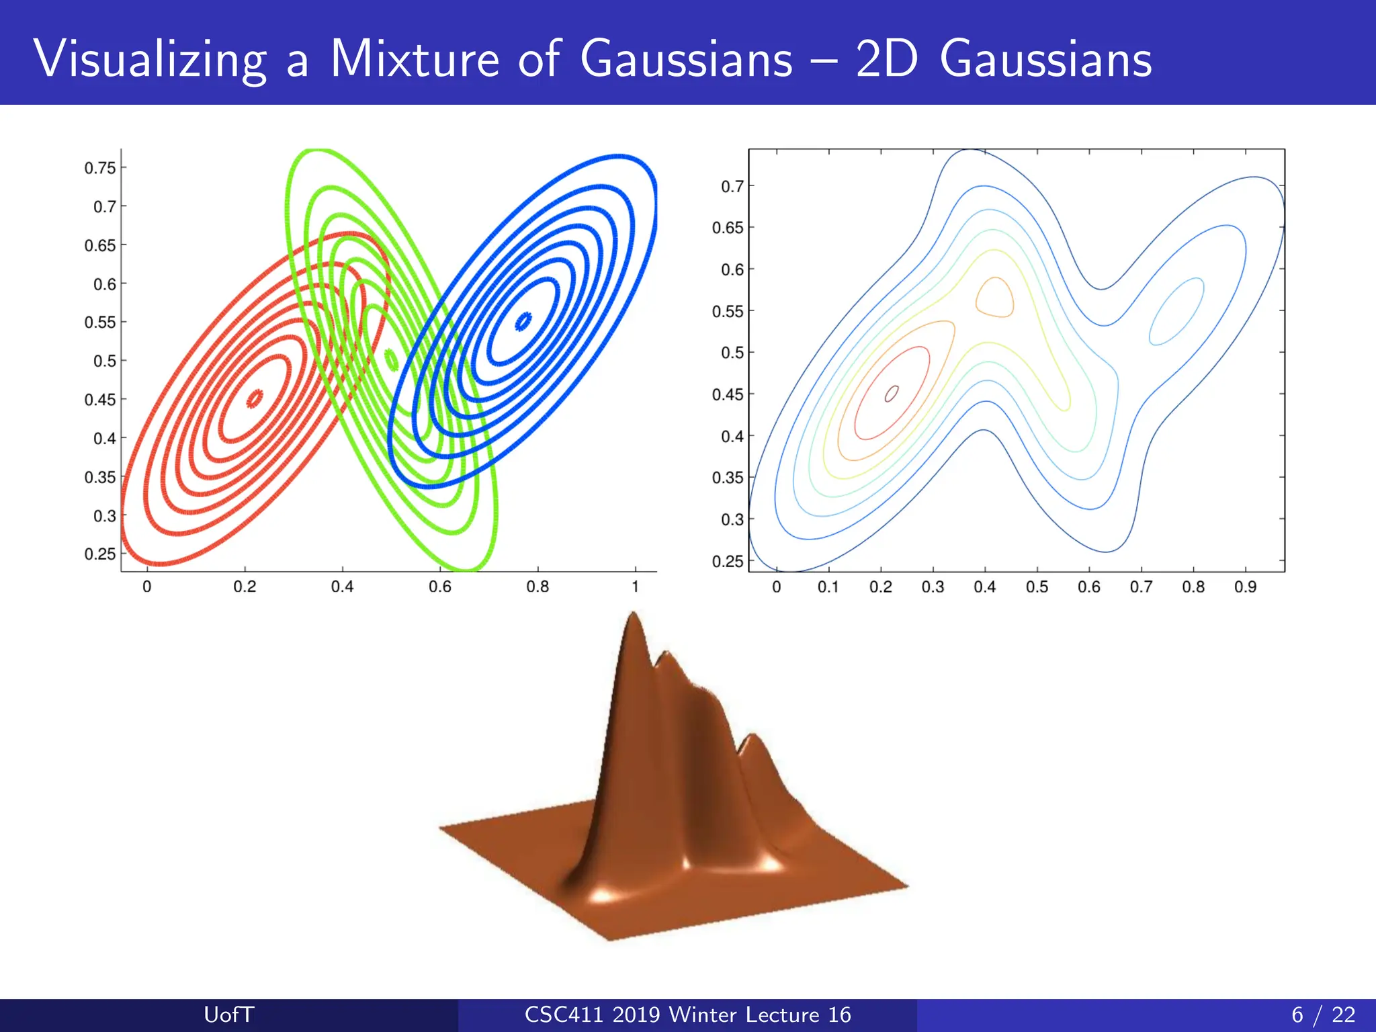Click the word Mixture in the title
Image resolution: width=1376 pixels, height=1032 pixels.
(415, 59)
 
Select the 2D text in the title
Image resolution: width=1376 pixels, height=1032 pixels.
(886, 59)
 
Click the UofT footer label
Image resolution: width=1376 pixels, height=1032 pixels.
(228, 1015)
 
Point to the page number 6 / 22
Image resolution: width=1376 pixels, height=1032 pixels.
(1323, 1015)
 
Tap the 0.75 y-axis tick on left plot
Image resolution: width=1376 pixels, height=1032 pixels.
(100, 168)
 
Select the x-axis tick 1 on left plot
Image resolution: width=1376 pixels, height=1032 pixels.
(635, 587)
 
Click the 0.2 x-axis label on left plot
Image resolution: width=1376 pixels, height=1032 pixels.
(245, 587)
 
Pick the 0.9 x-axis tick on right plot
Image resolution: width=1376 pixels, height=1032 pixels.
(1245, 587)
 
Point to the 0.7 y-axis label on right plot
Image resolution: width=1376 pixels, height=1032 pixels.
(732, 186)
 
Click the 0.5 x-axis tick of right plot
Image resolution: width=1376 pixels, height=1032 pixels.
(1037, 587)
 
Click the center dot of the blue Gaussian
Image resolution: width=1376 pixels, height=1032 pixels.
(523, 322)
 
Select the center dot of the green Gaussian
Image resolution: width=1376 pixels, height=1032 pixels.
(391, 359)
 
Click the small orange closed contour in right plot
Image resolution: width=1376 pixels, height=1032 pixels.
(994, 298)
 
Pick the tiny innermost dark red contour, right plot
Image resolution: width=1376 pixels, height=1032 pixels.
(892, 394)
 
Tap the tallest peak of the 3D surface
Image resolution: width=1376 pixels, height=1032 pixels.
(633, 615)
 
